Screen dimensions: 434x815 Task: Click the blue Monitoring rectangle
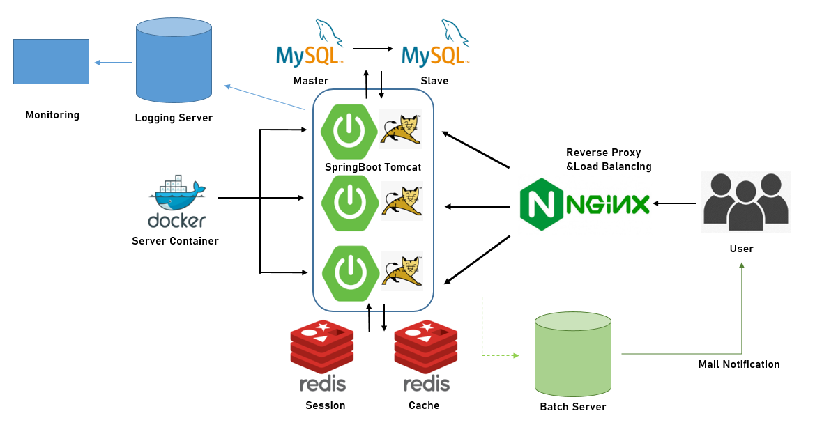point(52,61)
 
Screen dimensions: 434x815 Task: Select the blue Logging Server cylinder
point(174,61)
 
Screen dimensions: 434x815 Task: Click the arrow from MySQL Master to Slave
point(373,49)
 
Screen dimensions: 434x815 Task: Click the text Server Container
point(175,241)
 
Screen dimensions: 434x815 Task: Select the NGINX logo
point(584,204)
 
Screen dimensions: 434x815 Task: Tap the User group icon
point(746,202)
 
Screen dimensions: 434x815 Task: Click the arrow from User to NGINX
point(674,203)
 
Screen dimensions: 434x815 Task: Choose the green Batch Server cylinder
point(572,353)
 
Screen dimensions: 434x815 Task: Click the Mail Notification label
point(739,364)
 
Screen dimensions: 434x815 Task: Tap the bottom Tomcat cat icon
point(401,270)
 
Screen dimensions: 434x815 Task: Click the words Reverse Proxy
point(603,153)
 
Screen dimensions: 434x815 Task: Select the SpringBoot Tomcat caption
point(373,167)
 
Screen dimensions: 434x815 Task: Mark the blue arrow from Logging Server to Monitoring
point(113,63)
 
